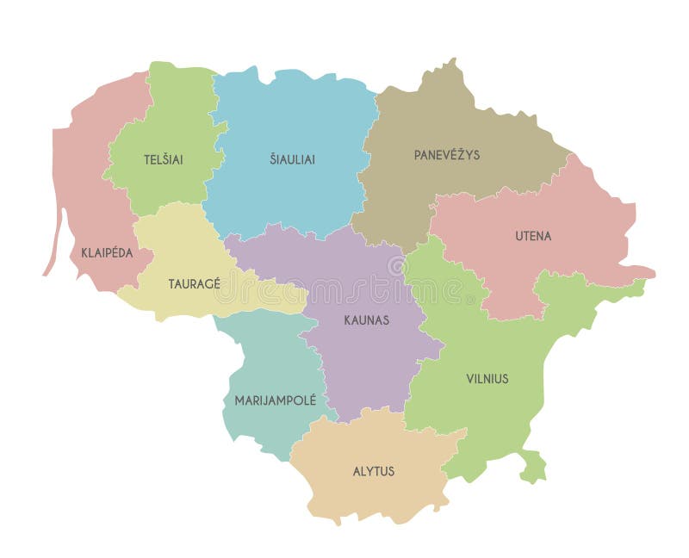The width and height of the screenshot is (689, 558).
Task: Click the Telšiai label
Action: click(x=163, y=159)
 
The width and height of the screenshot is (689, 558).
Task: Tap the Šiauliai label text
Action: click(x=292, y=158)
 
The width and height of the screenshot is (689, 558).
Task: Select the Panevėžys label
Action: click(x=447, y=155)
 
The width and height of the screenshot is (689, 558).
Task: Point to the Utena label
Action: click(x=533, y=235)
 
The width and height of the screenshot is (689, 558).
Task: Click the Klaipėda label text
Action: click(x=107, y=252)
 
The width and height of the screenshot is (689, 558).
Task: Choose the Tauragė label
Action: click(x=195, y=283)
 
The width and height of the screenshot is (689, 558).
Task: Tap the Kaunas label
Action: click(x=367, y=319)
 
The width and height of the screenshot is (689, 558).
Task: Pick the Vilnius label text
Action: click(x=487, y=378)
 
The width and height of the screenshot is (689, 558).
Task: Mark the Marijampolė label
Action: click(x=276, y=400)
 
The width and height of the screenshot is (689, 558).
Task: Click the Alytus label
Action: click(x=374, y=471)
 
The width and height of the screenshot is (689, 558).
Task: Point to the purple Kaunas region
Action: click(x=362, y=362)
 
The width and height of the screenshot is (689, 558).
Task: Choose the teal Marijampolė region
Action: click(x=258, y=362)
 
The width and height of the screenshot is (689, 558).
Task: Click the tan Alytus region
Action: click(x=379, y=499)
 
